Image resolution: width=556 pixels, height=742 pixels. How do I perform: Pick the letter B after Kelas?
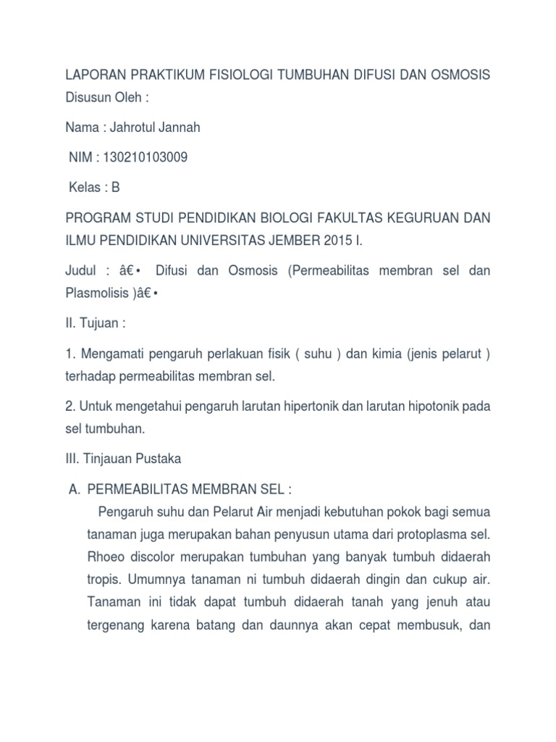[x=116, y=187]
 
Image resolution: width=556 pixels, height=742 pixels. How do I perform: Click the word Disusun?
[x=88, y=96]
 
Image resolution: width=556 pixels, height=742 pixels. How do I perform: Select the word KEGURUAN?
[x=421, y=217]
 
